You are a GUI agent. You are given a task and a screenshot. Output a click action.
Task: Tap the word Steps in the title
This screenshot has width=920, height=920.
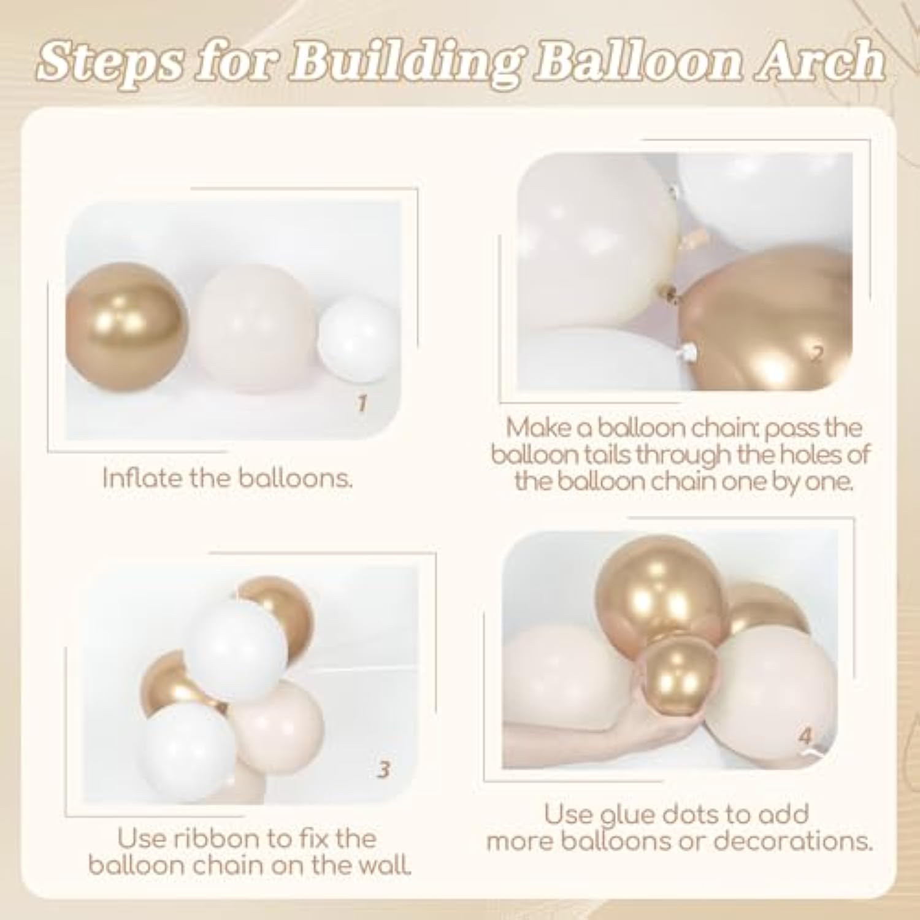coord(111,63)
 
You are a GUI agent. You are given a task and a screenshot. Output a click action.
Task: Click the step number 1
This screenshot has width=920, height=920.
coord(362,404)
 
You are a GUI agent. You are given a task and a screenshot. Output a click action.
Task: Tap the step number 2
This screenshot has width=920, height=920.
coord(816,355)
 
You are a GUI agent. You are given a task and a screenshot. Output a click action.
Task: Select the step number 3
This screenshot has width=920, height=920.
coord(383,769)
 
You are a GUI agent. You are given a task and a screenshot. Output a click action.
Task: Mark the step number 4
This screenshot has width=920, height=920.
coord(806,736)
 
